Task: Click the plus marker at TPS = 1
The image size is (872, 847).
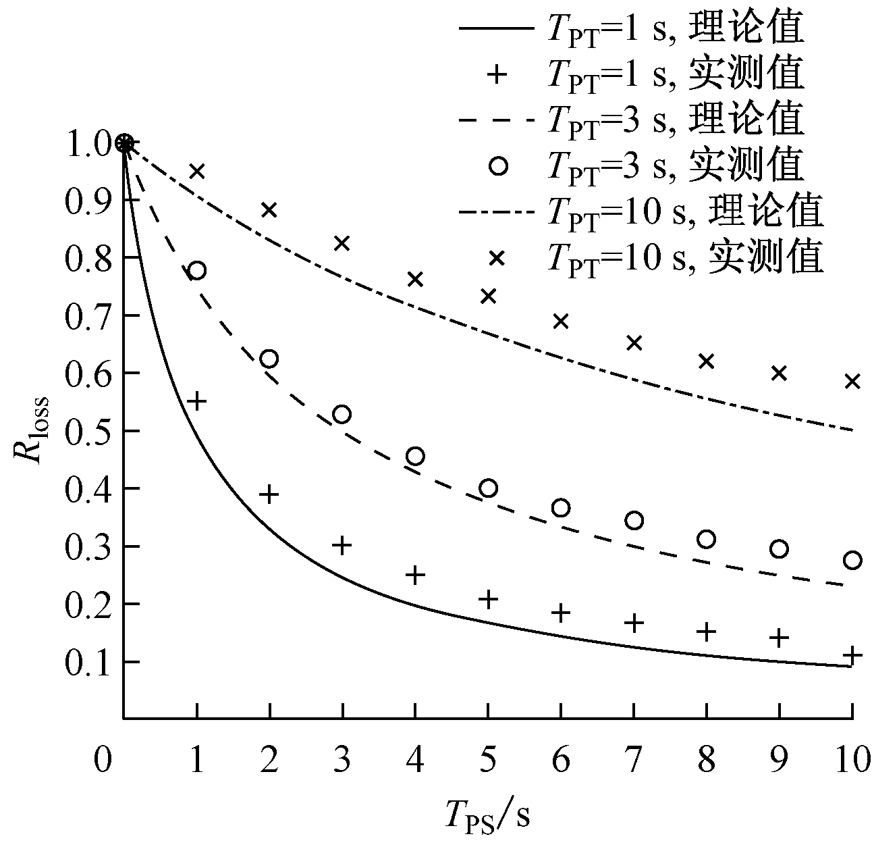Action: coord(196,402)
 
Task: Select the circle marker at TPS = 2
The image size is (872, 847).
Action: coord(269,359)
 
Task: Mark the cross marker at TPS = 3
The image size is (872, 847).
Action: coord(342,243)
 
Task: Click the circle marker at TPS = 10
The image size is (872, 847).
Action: coord(852,560)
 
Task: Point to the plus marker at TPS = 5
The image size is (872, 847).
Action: coord(488,599)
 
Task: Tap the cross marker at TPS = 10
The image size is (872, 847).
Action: coord(852,382)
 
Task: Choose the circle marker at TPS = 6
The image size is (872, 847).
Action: coord(561,508)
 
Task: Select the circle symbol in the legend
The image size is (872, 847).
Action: coord(497,166)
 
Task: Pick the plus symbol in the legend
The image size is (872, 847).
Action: coord(497,74)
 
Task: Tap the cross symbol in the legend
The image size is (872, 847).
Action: coord(497,258)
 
